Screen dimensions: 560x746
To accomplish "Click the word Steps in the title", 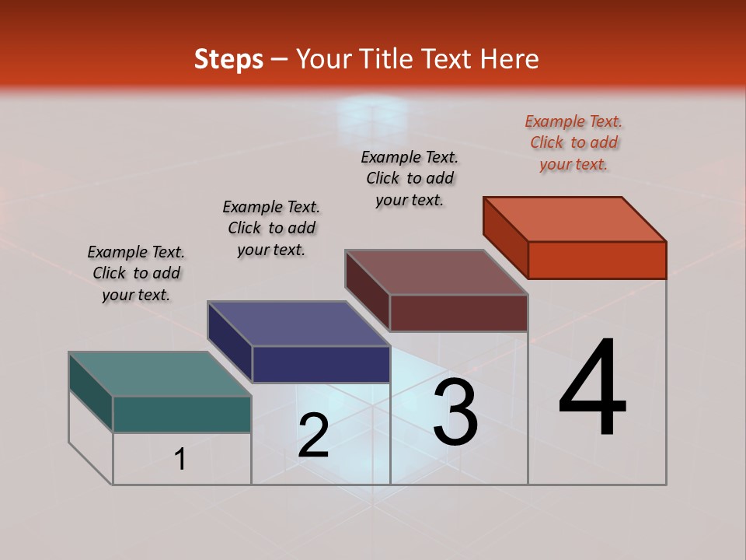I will click(x=228, y=59).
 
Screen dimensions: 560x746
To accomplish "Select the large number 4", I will click(x=592, y=389).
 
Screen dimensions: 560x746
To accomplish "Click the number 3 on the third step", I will click(x=455, y=412).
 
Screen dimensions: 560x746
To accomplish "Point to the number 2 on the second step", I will click(x=313, y=436).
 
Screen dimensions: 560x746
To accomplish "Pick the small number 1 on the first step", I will click(x=180, y=460).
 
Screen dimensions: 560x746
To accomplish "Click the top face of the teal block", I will click(x=160, y=373).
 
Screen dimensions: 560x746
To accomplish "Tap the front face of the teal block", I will click(x=182, y=414).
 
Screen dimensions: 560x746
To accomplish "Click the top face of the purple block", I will click(x=298, y=323).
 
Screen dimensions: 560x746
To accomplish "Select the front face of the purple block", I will click(x=320, y=364).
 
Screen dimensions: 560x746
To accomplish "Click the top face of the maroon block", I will click(x=437, y=272).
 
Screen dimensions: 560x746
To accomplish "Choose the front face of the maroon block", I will click(x=458, y=313).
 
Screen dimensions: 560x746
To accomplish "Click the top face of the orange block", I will click(x=575, y=219).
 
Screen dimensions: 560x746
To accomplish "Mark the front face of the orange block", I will click(x=597, y=260).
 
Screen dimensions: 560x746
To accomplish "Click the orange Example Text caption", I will click(x=573, y=142).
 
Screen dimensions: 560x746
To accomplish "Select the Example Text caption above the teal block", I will click(x=136, y=273).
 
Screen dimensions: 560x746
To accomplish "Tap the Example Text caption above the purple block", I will click(x=271, y=228).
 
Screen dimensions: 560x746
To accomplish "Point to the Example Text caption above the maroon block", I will click(x=410, y=178).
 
